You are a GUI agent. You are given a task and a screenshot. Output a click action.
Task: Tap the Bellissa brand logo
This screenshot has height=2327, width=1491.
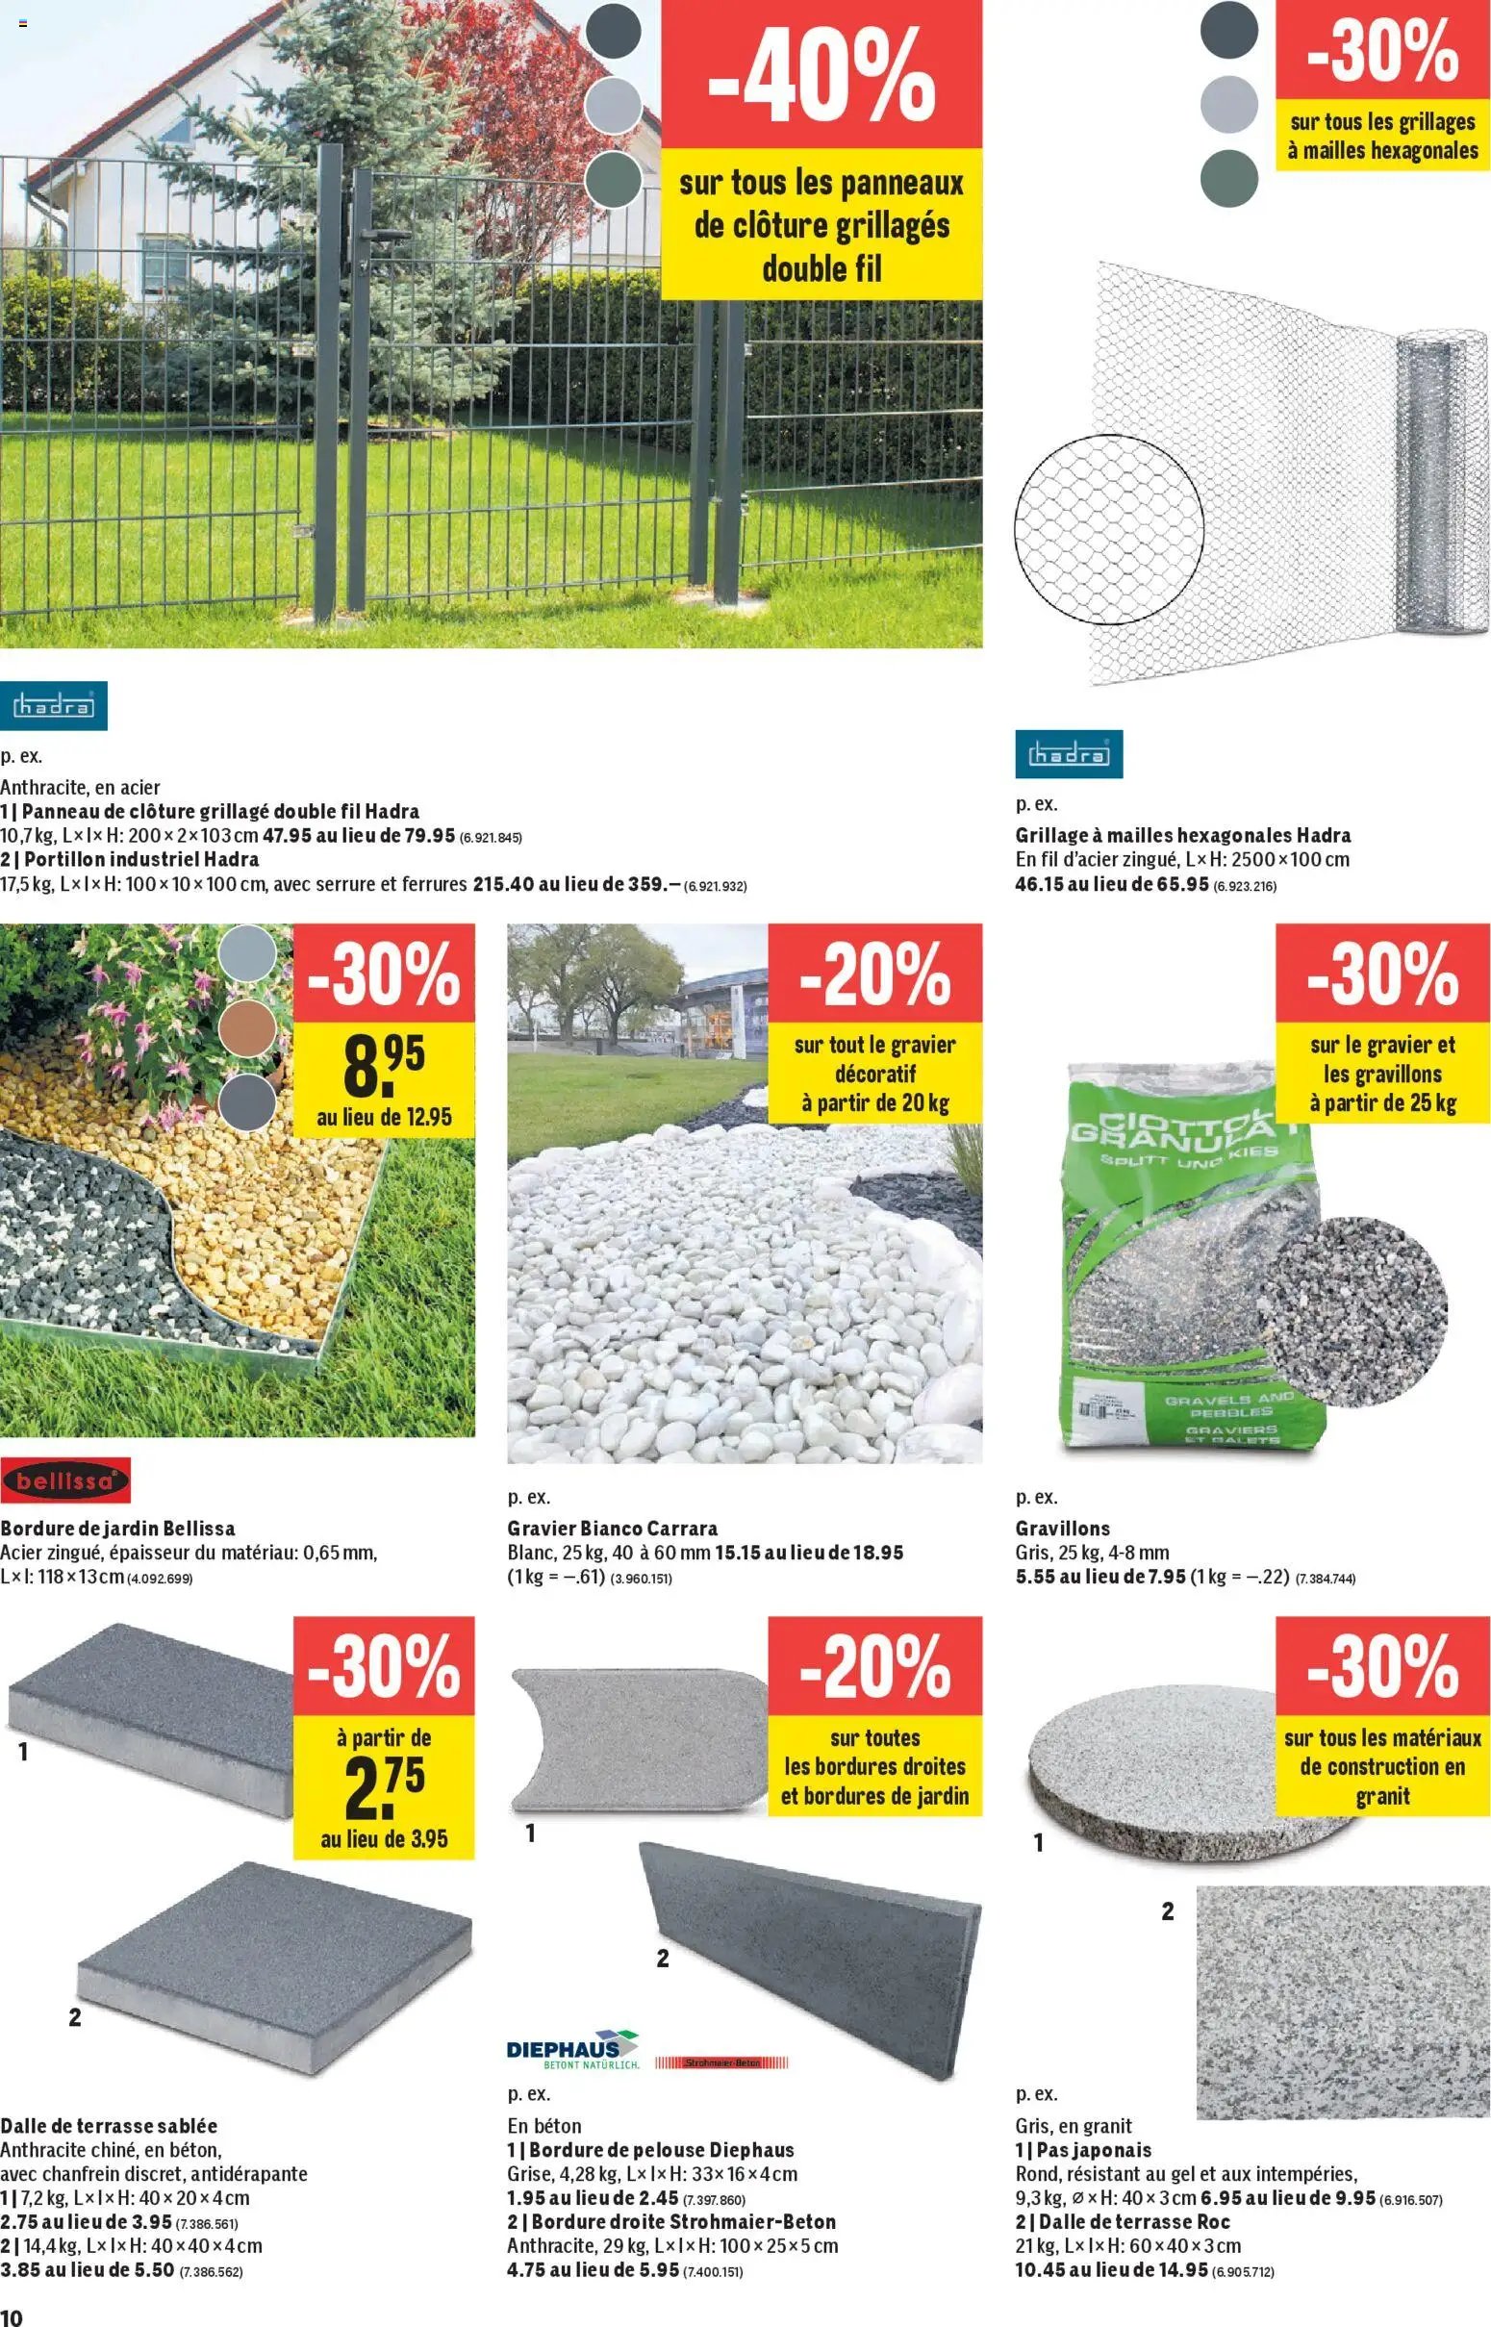coord(64,1480)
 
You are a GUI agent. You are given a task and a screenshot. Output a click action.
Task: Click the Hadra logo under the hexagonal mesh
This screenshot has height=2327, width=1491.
coord(1069,754)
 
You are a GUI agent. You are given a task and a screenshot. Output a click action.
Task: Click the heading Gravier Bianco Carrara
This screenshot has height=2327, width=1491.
coord(612,1528)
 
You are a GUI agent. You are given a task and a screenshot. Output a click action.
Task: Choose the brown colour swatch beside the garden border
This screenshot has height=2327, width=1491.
coord(248,1028)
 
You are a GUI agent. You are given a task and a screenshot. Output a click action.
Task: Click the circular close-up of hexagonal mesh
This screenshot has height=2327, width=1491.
coord(1108,528)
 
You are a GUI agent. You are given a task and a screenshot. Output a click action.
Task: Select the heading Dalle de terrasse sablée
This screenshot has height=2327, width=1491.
coord(109,2126)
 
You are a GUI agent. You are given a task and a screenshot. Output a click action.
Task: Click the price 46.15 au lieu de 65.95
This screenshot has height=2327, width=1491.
coord(1111,884)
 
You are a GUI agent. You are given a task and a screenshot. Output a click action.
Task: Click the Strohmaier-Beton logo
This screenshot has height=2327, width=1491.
coord(721,2062)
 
